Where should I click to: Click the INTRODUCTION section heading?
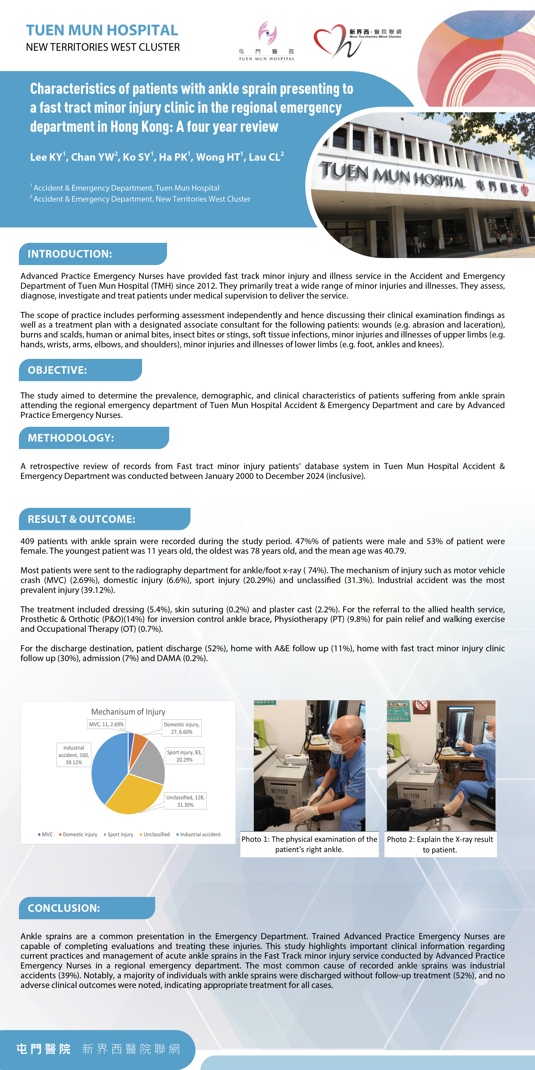[x=70, y=254]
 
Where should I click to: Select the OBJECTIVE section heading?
[x=57, y=370]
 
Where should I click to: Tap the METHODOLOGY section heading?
[x=71, y=438]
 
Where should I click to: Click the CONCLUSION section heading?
[x=64, y=908]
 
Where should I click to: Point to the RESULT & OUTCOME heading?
[x=81, y=519]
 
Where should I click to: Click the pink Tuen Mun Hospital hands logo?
[x=268, y=33]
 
